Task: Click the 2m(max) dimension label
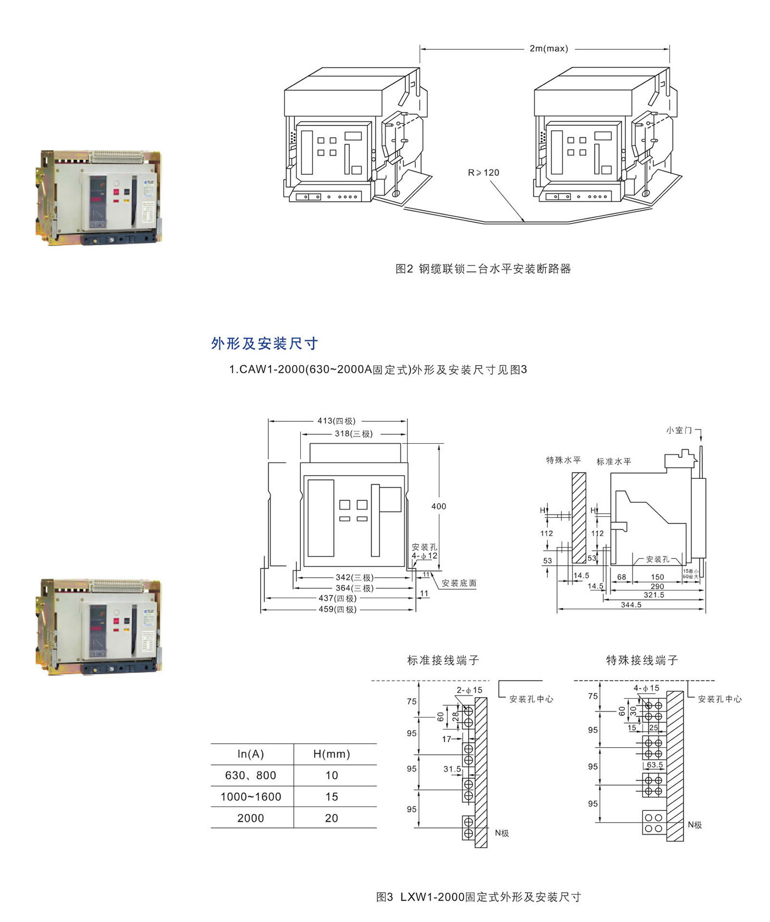548,49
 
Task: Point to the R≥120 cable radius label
483,173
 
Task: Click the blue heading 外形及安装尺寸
265,344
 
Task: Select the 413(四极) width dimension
336,421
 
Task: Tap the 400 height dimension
438,506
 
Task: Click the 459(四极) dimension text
337,609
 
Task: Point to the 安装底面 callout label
459,583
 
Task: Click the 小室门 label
679,430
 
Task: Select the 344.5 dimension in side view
631,605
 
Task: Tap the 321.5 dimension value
654,595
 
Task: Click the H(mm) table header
332,754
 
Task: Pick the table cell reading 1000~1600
251,797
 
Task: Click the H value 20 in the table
332,818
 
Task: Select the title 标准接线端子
443,660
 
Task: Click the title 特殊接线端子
642,660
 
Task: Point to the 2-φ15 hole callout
469,690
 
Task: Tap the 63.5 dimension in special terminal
654,765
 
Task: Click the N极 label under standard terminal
502,833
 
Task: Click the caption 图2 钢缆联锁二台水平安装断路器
483,269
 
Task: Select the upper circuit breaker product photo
101,197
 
